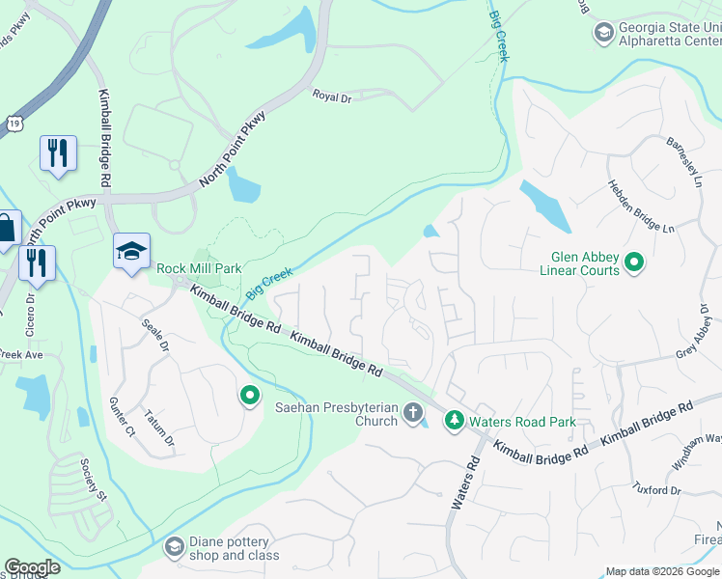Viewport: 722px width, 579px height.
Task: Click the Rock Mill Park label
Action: coord(199,267)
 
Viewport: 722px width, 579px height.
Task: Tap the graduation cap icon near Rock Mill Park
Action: coord(131,251)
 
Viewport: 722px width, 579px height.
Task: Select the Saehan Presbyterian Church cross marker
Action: coord(413,414)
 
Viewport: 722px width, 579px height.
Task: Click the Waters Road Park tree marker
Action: coord(454,420)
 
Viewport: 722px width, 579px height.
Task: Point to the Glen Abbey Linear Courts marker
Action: coord(634,262)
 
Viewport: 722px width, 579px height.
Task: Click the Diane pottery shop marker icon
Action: coord(174,548)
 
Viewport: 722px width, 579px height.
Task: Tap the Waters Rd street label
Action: coord(466,482)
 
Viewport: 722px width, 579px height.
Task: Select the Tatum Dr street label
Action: coord(159,427)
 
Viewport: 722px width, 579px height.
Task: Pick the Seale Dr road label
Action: coord(155,335)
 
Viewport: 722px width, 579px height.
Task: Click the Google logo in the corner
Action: coord(32,567)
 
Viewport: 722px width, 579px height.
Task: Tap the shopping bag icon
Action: coord(6,230)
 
